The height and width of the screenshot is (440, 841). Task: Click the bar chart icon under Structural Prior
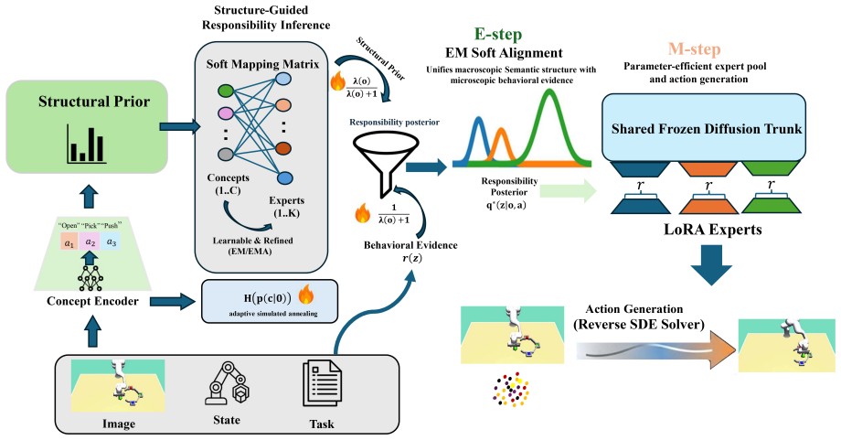coord(86,144)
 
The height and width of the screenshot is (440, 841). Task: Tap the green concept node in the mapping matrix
coord(226,91)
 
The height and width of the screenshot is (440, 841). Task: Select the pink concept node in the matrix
coord(226,113)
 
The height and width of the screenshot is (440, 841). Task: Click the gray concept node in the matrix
coord(226,154)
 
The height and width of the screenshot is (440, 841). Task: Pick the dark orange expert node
coord(283,147)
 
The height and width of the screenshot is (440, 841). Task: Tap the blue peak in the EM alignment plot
coord(479,138)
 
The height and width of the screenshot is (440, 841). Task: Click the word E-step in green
coord(497,35)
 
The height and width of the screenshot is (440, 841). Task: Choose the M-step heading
coord(694,49)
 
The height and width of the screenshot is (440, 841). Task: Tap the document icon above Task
coord(322,382)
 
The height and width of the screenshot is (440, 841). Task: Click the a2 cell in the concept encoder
coord(90,242)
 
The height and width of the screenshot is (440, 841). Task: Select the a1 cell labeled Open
coord(69,242)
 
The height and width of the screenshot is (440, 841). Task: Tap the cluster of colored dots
coord(511,390)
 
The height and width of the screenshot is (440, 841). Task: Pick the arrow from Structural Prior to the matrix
coord(180,127)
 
